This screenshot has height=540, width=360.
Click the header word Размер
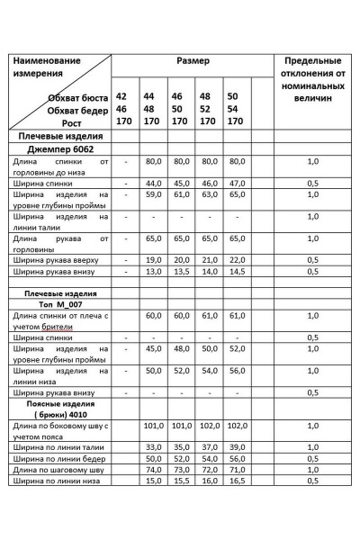pos(193,60)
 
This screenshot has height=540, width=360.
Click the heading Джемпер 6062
pos(61,149)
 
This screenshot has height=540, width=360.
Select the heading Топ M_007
pos(60,305)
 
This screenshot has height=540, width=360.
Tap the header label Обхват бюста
pos(79,96)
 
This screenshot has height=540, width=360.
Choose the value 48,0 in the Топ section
pos(182,348)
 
